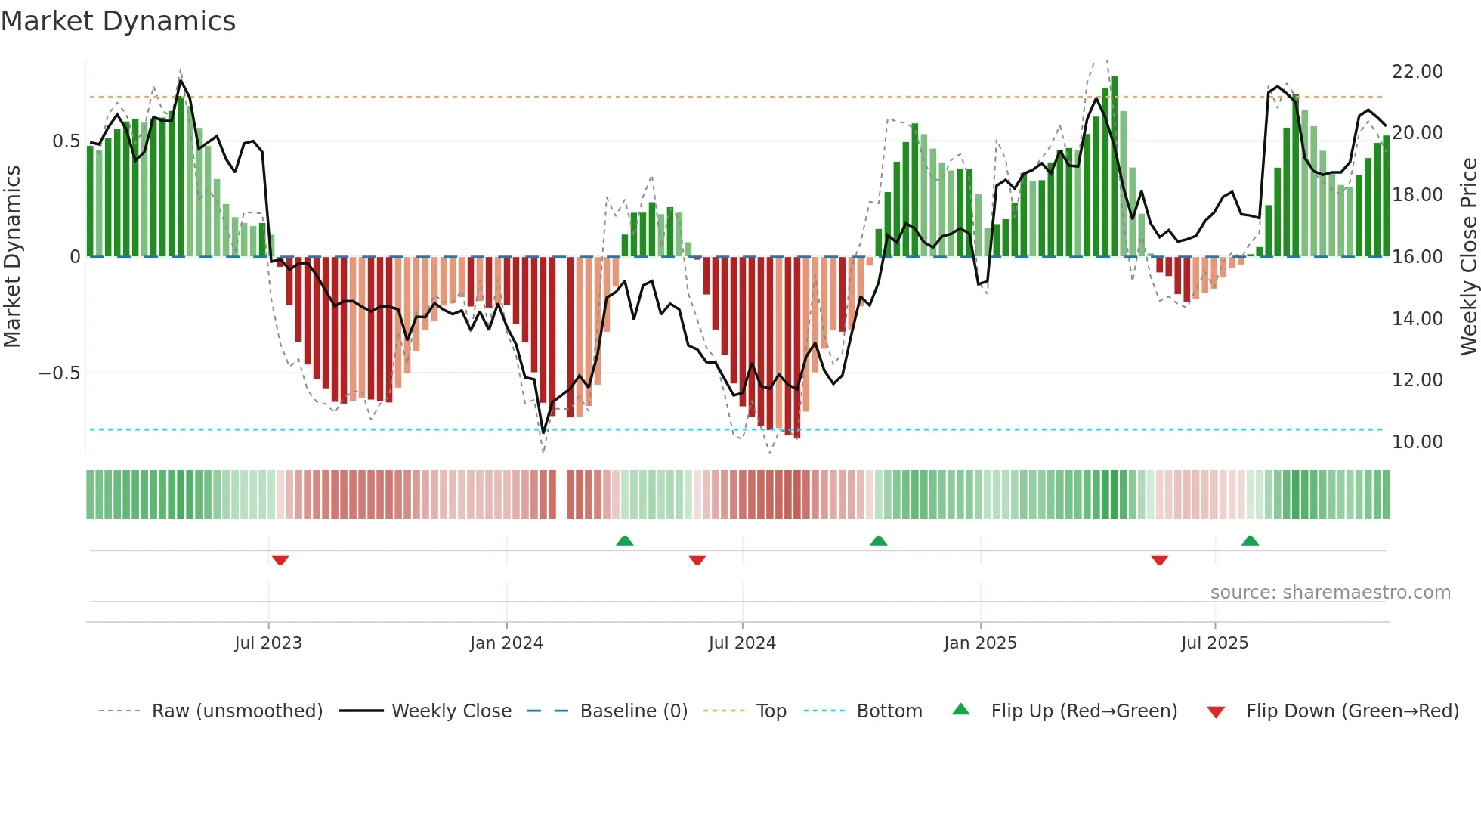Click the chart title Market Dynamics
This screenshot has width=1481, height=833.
[119, 21]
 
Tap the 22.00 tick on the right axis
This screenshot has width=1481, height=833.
[1417, 72]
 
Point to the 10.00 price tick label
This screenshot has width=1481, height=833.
[1417, 442]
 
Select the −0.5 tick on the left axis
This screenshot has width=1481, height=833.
[59, 373]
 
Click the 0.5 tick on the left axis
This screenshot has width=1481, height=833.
[66, 141]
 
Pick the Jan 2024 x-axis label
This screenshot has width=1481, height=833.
[506, 643]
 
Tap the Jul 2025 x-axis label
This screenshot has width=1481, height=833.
[1214, 643]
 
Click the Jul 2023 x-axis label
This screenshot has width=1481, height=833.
[268, 643]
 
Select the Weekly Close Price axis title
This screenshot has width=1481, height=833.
[1468, 257]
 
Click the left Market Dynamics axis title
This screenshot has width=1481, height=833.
[13, 257]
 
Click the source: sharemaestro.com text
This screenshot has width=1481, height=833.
[1330, 593]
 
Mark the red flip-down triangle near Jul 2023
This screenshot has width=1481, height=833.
[280, 560]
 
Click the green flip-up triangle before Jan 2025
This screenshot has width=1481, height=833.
[878, 540]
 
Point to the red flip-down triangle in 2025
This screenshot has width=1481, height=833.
[1159, 560]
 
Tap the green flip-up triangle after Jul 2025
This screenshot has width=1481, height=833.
[1250, 540]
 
